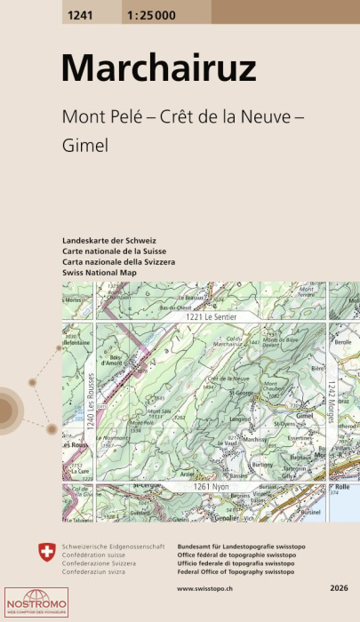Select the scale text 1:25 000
coord(152,12)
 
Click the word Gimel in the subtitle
coord(84,145)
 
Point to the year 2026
coord(338,588)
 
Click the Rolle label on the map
coord(340,488)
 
